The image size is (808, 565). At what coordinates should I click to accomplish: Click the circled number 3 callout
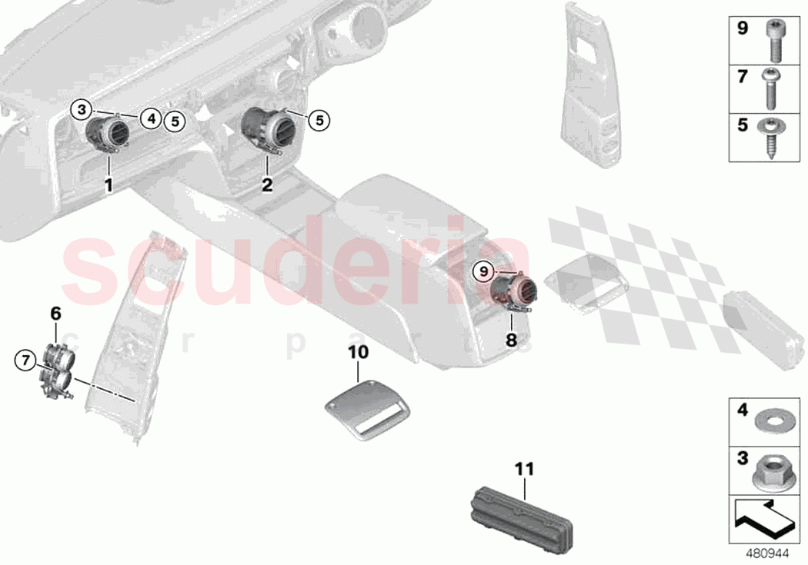82,109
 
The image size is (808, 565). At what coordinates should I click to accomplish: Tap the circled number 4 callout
152,118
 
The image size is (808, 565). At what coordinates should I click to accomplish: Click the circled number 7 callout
25,359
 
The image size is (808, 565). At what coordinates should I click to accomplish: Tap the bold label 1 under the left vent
109,184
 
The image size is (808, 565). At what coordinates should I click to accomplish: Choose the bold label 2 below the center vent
267,184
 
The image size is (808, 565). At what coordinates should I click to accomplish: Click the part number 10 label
359,352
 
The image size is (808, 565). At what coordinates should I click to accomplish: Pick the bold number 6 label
55,314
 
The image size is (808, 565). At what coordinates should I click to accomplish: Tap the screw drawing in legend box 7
771,88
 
